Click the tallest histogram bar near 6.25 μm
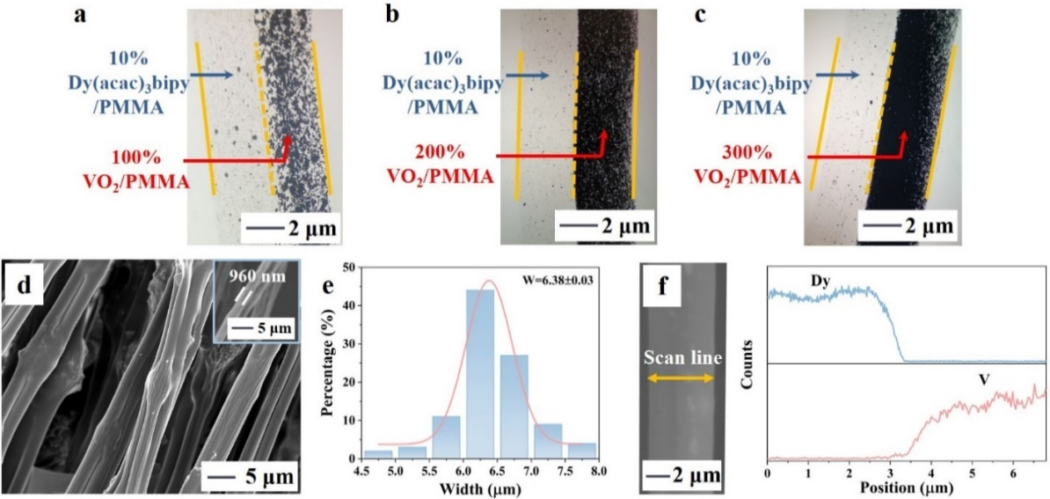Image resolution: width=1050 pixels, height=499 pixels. pos(480,374)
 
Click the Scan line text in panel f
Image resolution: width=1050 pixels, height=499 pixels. pos(682,359)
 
